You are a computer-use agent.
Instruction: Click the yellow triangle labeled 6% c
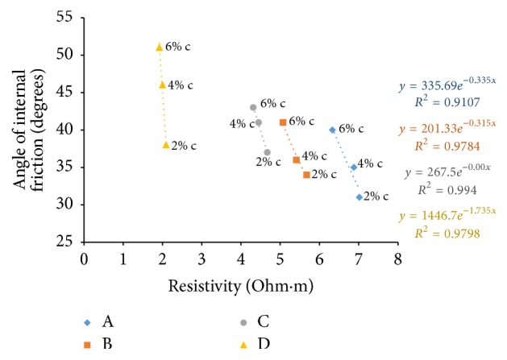point(160,47)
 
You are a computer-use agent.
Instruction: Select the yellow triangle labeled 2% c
point(166,145)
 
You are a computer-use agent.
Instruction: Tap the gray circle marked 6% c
point(253,107)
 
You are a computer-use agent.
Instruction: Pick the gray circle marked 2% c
point(267,152)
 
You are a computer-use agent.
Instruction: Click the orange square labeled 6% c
point(282,122)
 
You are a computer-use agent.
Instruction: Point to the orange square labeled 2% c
point(306,175)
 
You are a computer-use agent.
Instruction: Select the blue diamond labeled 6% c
point(332,130)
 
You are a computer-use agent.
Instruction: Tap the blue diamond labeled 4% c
point(353,168)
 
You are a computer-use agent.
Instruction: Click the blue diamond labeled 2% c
point(359,197)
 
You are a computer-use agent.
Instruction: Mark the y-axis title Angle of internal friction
point(26,129)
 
